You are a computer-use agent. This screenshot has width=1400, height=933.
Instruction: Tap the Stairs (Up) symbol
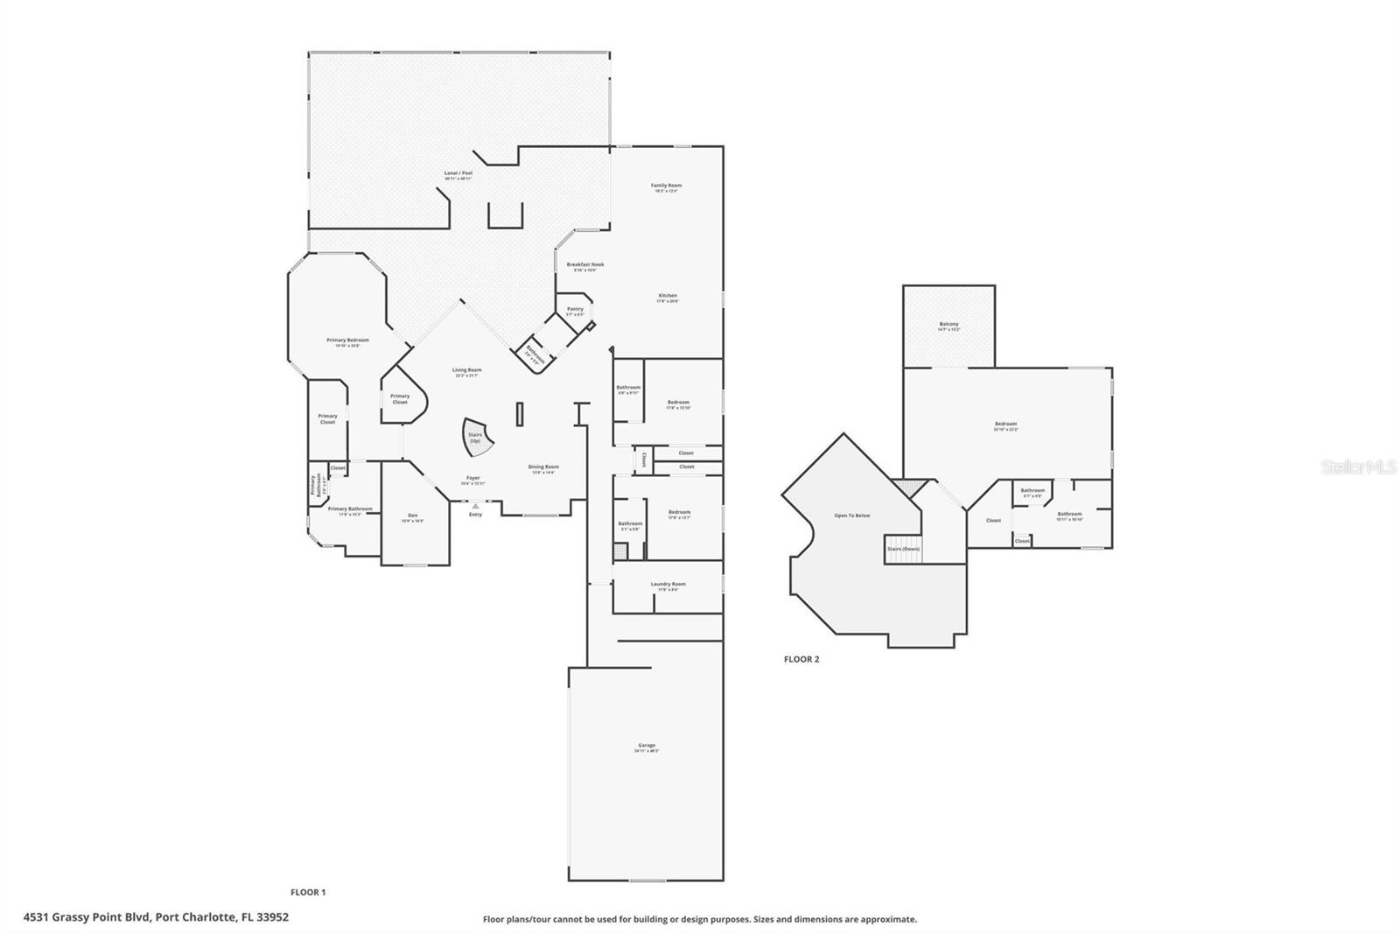476,437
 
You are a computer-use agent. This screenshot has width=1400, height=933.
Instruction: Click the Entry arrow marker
475,506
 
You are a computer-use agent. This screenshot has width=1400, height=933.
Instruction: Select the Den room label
413,516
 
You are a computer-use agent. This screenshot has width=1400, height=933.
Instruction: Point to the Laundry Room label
668,586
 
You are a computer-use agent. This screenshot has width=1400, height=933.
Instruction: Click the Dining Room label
543,468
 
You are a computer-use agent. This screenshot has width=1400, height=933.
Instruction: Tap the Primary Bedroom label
347,341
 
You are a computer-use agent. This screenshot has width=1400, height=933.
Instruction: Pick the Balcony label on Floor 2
948,326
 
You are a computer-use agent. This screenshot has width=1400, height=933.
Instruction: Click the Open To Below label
851,516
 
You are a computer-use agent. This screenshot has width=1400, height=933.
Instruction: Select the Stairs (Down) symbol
904,549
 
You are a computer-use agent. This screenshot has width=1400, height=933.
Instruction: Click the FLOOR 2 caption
801,659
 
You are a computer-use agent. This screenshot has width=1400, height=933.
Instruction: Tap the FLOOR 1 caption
308,892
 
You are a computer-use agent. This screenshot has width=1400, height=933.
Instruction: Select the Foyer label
472,480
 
